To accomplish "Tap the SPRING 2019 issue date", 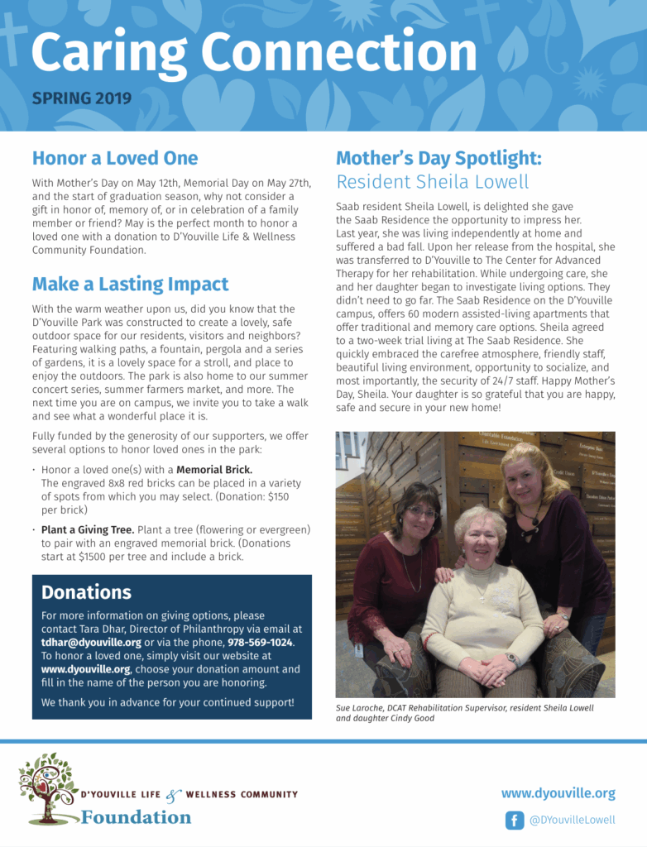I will point(81,98).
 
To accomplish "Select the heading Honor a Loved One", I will point(115,157).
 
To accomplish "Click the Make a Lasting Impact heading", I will point(130,284).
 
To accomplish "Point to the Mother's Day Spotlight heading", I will point(439,157).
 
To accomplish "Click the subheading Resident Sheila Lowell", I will point(432,181).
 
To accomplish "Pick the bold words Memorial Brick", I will point(214,470).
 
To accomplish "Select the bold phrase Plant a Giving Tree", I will point(87,529).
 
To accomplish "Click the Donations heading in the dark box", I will point(86,592).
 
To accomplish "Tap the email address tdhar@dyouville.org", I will point(91,643).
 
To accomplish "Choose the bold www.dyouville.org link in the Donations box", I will point(86,669).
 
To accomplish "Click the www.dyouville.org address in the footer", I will point(558,793).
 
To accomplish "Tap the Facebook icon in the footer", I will point(515,821).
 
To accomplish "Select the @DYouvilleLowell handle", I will point(573,821).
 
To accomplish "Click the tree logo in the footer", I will point(48,787).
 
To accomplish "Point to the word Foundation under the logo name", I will point(136,817).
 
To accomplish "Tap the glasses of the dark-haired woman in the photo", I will point(422,512).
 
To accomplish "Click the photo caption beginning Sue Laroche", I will point(464,713).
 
